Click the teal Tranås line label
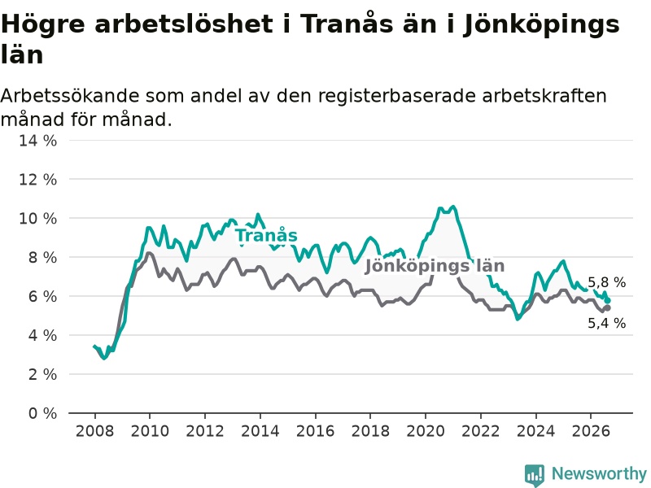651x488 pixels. pyautogui.click(x=267, y=235)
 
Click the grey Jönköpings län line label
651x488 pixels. pyautogui.click(x=435, y=266)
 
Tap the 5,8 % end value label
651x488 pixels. pyautogui.click(x=606, y=282)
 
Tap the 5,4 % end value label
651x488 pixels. pyautogui.click(x=606, y=323)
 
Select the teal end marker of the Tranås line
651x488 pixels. pyautogui.click(x=608, y=300)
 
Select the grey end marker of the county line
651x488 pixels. pyautogui.click(x=608, y=308)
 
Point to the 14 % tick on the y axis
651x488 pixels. pyautogui.click(x=37, y=140)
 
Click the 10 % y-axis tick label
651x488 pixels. pyautogui.click(x=37, y=218)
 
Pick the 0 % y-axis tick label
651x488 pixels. pyautogui.click(x=43, y=413)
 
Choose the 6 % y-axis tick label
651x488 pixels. pyautogui.click(x=43, y=296)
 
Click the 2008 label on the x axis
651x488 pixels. pyautogui.click(x=94, y=431)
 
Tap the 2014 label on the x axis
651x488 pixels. pyautogui.click(x=260, y=431)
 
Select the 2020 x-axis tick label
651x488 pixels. pyautogui.click(x=426, y=431)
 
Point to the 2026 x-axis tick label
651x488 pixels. pyautogui.click(x=592, y=431)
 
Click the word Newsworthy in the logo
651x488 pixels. pyautogui.click(x=599, y=473)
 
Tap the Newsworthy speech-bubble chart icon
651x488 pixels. pyautogui.click(x=535, y=475)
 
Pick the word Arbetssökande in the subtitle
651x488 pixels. pyautogui.click(x=70, y=96)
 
